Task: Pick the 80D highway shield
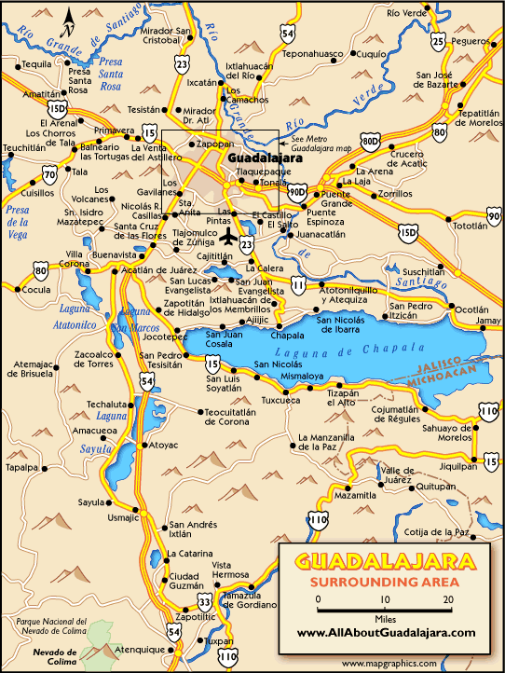coord(371,142)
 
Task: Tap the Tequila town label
coord(36,64)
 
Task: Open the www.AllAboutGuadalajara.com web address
coord(387,632)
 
